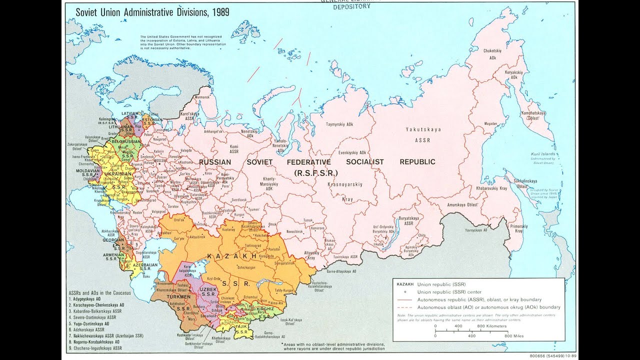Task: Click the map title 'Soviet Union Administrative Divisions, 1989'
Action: (152, 12)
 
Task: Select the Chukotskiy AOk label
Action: (492, 54)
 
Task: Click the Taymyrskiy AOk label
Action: (339, 123)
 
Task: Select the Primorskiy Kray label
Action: (518, 228)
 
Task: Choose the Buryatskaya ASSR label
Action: (408, 220)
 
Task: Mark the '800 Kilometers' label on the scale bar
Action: (491, 326)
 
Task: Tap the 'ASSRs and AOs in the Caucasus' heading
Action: (99, 292)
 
